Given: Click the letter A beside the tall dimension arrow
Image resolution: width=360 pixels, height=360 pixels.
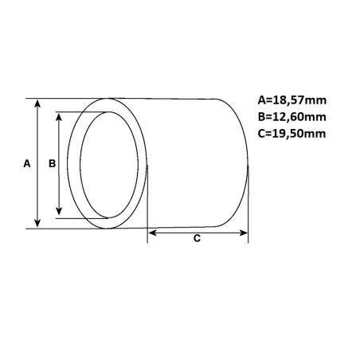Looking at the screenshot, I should tap(27, 163).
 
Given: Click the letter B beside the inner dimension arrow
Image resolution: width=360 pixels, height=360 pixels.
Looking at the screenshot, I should tap(51, 163).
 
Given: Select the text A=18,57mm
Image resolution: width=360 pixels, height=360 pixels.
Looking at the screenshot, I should tap(292, 100).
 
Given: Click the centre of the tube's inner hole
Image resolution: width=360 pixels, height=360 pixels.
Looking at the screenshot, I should tap(107, 165).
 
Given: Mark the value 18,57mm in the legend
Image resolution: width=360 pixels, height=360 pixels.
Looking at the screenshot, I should tap(299, 100).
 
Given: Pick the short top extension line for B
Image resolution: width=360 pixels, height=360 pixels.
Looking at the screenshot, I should tap(72, 112).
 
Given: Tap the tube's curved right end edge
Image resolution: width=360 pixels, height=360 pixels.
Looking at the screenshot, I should tap(248, 163).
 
